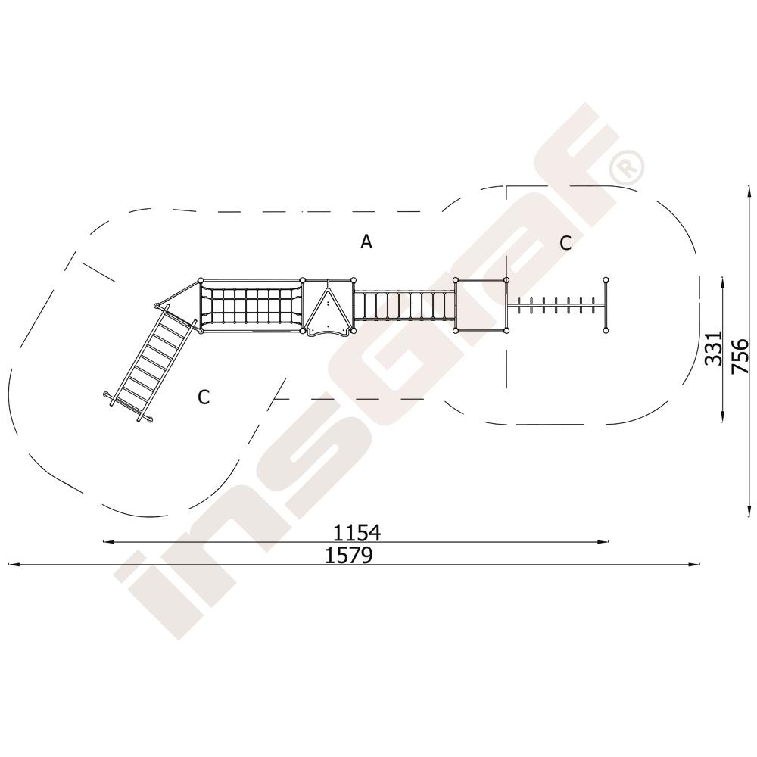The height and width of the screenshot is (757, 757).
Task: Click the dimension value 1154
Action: pos(357,532)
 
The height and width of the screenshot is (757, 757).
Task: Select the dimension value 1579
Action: pos(348,556)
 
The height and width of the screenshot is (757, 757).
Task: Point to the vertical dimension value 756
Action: pos(740,357)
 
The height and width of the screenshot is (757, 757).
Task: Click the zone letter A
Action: pos(366,241)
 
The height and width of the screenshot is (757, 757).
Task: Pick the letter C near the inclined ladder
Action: pos(204,397)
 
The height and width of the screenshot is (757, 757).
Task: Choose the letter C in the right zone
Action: pos(565,243)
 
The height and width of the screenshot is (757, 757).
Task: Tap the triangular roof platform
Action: pos(329,307)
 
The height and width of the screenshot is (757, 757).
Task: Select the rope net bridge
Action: pos(251,306)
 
